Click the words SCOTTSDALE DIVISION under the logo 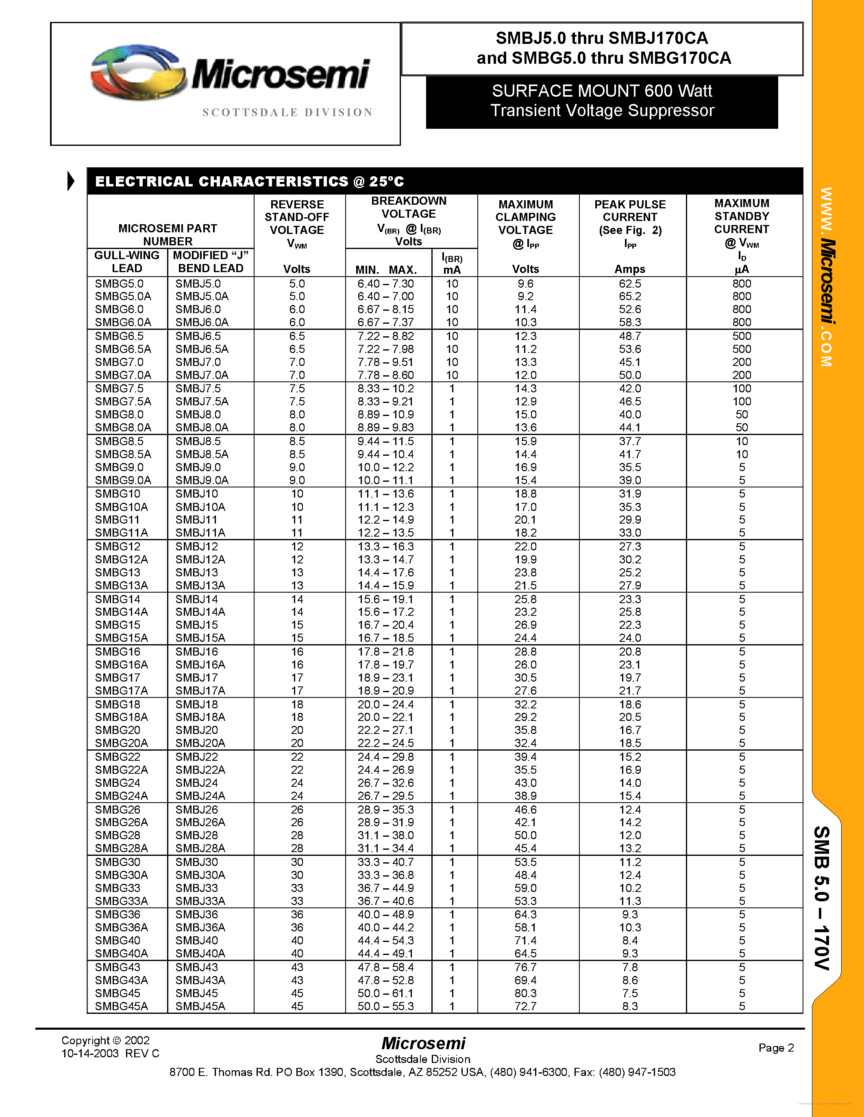point(287,113)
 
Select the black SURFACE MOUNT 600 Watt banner point(601,101)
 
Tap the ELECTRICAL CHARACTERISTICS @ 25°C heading point(250,182)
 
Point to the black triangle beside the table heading point(71,181)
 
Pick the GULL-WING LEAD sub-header point(127,262)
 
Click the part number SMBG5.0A point(123,297)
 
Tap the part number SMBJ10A point(200,507)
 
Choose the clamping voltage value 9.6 point(525,284)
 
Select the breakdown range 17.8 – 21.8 point(385,652)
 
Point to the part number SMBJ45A point(200,1006)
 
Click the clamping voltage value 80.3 point(525,993)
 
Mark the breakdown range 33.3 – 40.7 point(385,862)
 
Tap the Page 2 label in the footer point(776,1048)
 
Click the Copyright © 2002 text point(105,1040)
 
